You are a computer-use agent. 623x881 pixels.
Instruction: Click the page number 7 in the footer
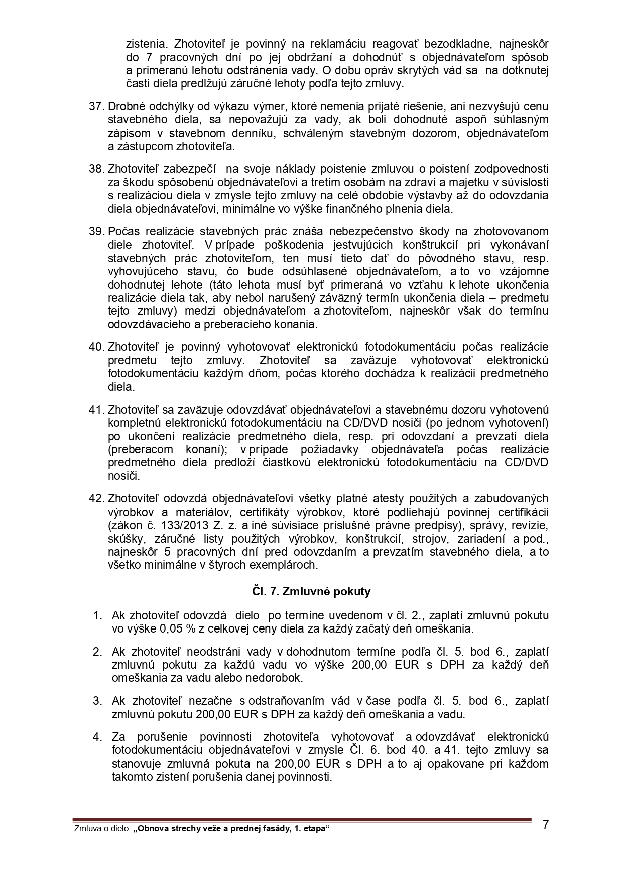click(x=546, y=824)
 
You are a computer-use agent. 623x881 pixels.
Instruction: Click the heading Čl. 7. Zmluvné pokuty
click(x=311, y=591)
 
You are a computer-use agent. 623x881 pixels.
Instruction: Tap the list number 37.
click(x=95, y=106)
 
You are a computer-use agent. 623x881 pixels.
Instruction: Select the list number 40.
click(x=95, y=347)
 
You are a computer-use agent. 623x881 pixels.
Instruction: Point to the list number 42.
click(x=95, y=498)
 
